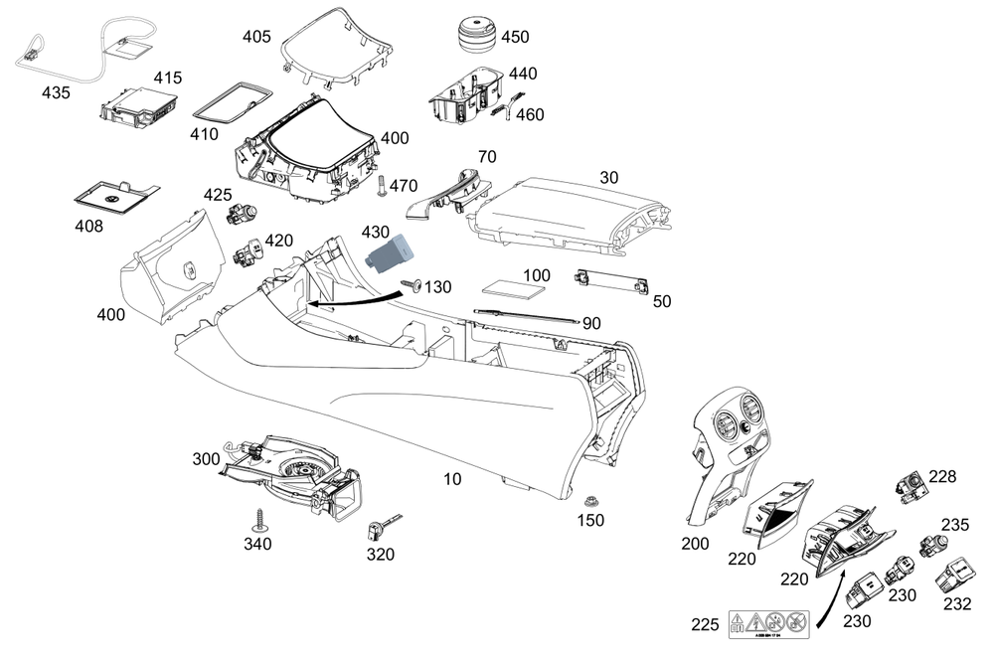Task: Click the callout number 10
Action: pyautogui.click(x=452, y=479)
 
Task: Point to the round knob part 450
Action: pyautogui.click(x=475, y=32)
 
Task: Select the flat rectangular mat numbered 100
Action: pyautogui.click(x=518, y=289)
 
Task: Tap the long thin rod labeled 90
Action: pyautogui.click(x=527, y=316)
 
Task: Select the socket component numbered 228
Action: pyautogui.click(x=910, y=485)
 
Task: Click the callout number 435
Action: pyautogui.click(x=56, y=92)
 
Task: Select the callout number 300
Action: pyautogui.click(x=206, y=459)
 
